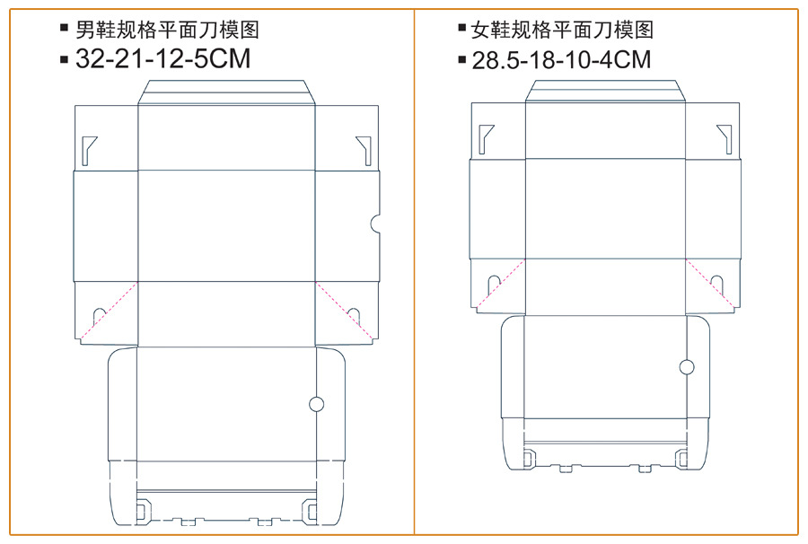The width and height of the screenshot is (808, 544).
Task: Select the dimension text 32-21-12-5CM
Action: (x=162, y=60)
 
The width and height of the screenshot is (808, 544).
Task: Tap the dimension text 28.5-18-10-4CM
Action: (x=561, y=60)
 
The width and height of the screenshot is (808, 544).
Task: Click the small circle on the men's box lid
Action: (x=316, y=404)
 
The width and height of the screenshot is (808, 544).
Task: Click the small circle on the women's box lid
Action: (x=687, y=366)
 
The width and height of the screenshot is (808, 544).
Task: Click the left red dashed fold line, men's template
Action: (x=109, y=311)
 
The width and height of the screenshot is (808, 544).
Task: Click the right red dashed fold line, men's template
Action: (x=345, y=311)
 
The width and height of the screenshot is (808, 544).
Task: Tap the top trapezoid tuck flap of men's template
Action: (x=227, y=92)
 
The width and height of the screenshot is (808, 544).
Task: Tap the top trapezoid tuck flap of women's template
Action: (x=606, y=91)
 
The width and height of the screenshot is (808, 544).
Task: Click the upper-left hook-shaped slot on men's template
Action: (x=87, y=149)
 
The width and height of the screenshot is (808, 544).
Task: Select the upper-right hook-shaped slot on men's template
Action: (x=364, y=149)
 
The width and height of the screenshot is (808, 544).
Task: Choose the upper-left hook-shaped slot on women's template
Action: (x=486, y=134)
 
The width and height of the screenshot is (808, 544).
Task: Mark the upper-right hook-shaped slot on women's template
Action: (x=725, y=134)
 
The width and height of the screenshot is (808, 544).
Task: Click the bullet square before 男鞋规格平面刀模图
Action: (x=64, y=28)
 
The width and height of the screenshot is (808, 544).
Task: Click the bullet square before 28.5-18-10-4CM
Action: (x=463, y=61)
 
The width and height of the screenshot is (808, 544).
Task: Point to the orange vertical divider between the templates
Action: (x=414, y=269)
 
